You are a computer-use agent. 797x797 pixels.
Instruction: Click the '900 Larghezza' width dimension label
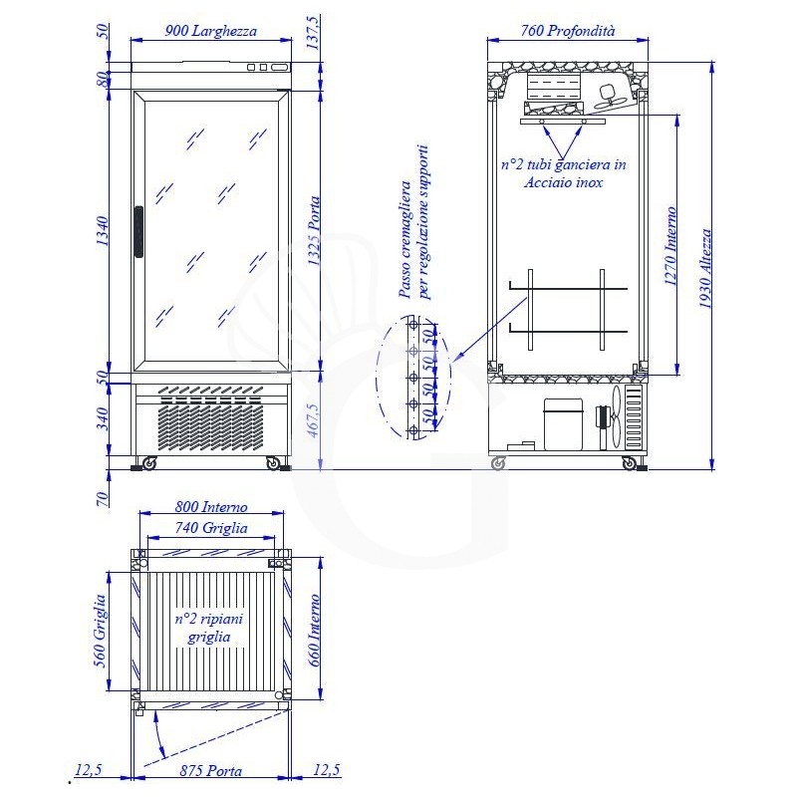coord(211,31)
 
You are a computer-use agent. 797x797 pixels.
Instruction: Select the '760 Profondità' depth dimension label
coord(567,31)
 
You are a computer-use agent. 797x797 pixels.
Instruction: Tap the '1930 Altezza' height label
coord(705,268)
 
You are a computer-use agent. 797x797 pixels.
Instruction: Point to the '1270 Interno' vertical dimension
coord(671,245)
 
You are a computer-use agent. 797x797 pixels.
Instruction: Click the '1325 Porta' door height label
coord(314,231)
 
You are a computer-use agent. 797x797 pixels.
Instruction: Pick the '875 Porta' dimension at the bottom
coord(211,770)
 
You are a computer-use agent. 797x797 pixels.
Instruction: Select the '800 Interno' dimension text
coord(211,507)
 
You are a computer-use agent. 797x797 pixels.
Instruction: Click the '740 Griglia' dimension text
coord(211,528)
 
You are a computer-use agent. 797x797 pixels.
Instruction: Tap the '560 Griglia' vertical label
coord(101,631)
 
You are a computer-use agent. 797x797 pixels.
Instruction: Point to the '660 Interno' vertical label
coord(314,631)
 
